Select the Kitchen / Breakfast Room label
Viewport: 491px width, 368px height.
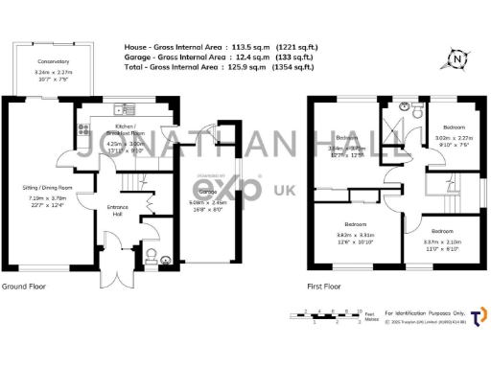[126, 127]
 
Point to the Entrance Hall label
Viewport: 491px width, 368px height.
[116, 209]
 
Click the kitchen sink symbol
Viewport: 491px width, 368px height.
[121, 106]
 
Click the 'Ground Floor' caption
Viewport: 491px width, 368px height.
[26, 287]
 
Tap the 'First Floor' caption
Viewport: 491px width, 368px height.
[324, 287]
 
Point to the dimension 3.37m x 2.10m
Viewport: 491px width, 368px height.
[442, 242]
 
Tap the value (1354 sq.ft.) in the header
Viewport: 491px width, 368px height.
[292, 69]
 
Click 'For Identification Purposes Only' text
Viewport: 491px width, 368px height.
[426, 313]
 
